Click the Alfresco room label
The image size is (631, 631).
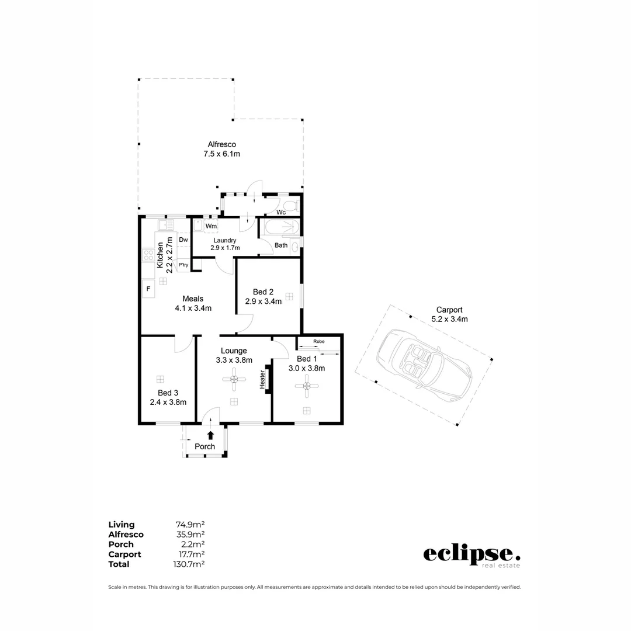[221, 145]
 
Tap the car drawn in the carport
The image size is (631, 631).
[423, 362]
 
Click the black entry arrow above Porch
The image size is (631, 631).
[210, 435]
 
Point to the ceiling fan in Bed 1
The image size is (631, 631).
[306, 385]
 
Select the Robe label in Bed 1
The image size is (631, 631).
[318, 341]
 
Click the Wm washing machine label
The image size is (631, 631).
[211, 226]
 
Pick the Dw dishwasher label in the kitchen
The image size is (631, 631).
[183, 240]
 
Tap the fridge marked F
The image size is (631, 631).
[148, 289]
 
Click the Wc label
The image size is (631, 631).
[280, 212]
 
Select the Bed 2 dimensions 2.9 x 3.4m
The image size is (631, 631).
[263, 301]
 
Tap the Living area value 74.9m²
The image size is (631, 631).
[190, 525]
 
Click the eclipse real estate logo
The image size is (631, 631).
[471, 555]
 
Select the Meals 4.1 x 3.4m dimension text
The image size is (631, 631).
[193, 308]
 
